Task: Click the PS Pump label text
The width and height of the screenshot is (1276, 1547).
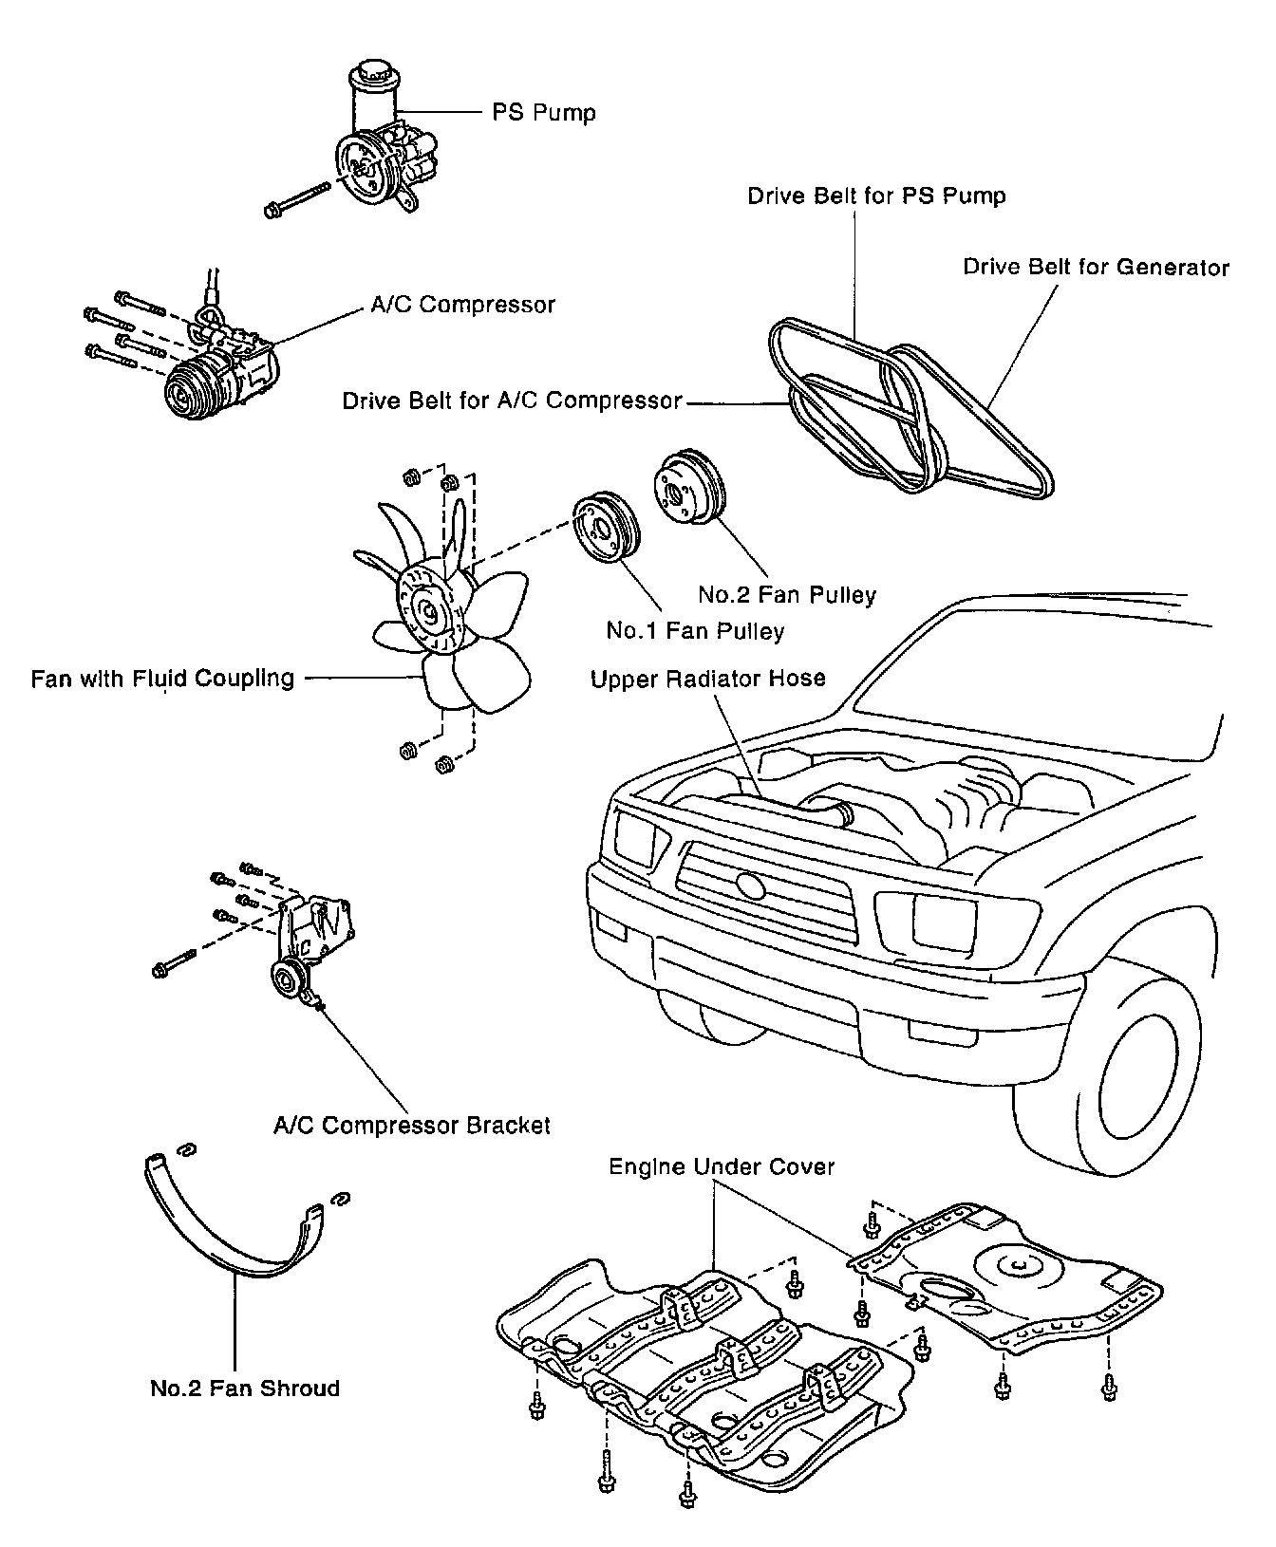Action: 544,113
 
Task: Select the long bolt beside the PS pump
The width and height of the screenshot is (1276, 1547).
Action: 296,198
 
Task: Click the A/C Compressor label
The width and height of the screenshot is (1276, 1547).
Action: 462,305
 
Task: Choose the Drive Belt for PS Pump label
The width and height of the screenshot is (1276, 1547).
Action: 876,196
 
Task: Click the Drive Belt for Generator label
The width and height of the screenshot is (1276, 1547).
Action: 1096,268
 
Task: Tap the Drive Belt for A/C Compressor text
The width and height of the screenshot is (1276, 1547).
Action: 512,401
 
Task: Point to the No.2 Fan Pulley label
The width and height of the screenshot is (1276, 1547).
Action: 787,595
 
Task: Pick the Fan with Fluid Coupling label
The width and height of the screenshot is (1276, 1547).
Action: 162,679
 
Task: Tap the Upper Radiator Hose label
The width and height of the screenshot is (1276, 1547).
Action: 707,679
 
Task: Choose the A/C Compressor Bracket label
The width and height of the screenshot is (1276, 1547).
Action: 411,1125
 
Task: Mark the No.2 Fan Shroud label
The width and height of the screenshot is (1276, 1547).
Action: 244,1389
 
